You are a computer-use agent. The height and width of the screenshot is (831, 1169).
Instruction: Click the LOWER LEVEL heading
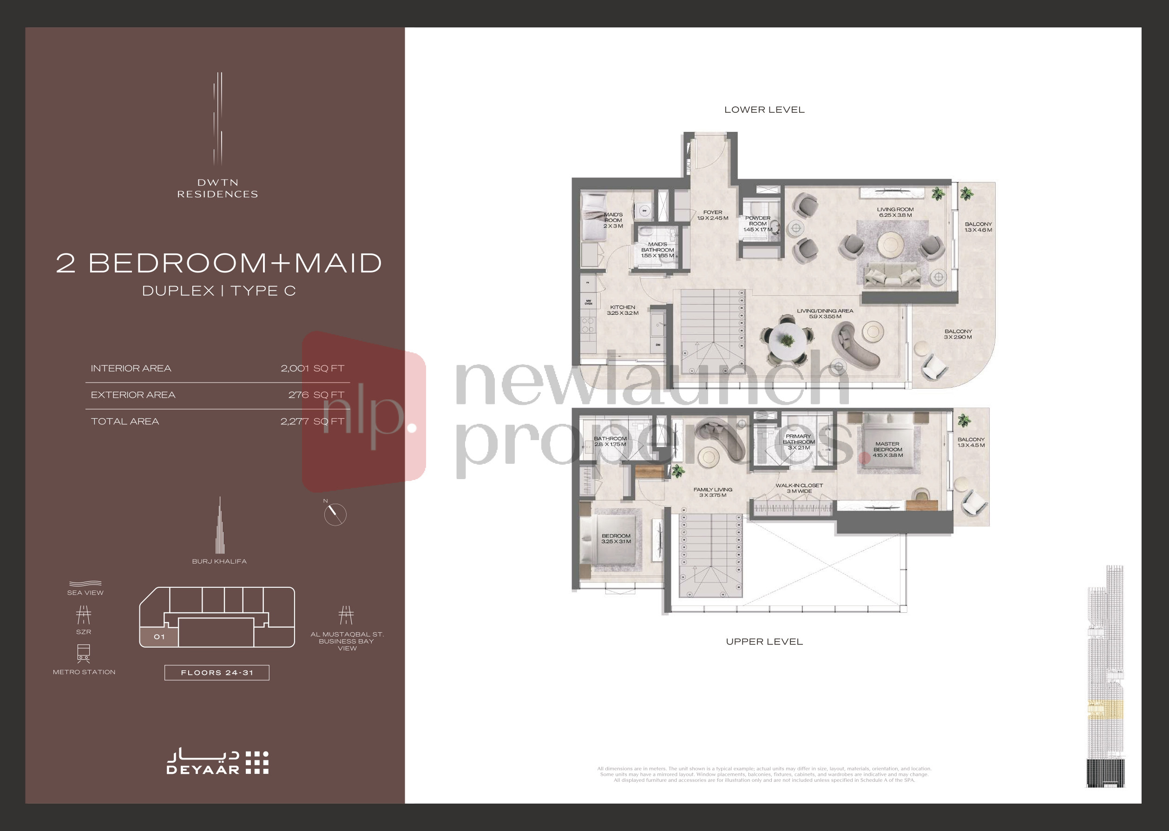pos(764,110)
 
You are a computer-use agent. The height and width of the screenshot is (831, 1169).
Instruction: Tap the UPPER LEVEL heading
pos(764,642)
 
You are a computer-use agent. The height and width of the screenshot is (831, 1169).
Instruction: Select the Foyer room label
pos(712,215)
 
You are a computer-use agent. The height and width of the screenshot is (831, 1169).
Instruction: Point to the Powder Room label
pos(758,224)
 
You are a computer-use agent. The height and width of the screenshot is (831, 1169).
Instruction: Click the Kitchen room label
pos(622,310)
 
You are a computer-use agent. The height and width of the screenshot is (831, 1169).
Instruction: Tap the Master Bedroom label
pos(887,449)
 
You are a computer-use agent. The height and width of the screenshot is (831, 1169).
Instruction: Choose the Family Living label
pos(713,492)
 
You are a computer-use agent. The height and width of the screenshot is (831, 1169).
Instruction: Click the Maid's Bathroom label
pos(657,250)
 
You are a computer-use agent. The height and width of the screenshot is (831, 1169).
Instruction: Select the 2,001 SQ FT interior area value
pos(312,369)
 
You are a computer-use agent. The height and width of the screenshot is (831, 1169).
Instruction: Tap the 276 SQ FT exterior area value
pos(315,395)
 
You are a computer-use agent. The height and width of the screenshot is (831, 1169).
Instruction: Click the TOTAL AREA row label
pos(125,422)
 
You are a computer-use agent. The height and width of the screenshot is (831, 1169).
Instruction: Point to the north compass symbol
pos(335,514)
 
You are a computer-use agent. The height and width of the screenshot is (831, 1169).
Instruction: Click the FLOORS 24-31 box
pos(217,672)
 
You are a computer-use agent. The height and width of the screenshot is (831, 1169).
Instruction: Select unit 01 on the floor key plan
pos(159,637)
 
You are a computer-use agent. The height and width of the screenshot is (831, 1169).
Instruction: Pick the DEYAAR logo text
pos(203,770)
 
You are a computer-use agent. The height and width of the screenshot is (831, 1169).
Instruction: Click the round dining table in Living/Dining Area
pos(787,340)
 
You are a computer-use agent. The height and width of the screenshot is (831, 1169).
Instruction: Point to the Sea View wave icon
pos(85,584)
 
